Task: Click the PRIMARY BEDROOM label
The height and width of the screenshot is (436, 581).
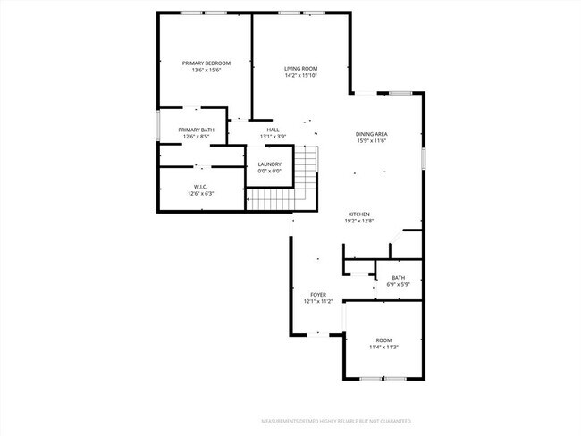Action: (206, 63)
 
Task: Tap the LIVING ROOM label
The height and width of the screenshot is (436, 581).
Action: (301, 69)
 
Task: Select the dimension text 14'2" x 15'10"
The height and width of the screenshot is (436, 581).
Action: (301, 75)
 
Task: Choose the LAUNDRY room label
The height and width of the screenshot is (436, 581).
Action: (270, 163)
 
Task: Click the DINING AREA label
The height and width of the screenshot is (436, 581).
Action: (371, 134)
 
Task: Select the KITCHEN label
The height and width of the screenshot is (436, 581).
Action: (359, 214)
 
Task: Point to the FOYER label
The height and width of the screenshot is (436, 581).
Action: (318, 294)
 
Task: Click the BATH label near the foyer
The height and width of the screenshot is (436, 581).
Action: (399, 278)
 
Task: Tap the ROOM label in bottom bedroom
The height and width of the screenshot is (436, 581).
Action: (383, 340)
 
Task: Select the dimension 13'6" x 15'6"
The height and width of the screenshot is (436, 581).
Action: (206, 71)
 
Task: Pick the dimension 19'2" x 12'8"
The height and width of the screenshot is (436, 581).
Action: (359, 221)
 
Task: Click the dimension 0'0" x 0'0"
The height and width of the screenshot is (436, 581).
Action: (270, 171)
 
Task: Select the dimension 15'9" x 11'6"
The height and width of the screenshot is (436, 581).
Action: (371, 140)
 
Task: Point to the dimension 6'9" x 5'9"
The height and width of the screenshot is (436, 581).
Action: (399, 284)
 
